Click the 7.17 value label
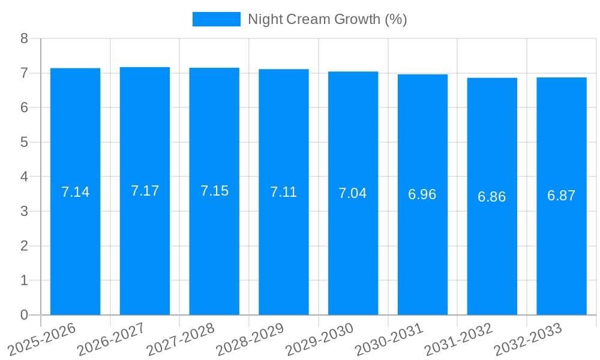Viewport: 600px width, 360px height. click(145, 191)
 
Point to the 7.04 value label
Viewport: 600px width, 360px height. click(353, 193)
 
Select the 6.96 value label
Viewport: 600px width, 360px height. click(422, 194)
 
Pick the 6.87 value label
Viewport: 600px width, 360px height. click(562, 196)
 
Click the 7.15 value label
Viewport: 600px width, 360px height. click(214, 191)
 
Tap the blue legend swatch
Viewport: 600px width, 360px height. click(216, 19)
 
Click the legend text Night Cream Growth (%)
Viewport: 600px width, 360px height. click(328, 19)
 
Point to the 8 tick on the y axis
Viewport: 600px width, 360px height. click(24, 38)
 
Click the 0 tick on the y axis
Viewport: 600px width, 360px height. click(24, 315)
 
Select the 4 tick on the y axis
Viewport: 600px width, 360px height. click(24, 177)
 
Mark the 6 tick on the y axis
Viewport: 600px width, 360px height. click(24, 108)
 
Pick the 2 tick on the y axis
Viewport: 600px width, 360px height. click(24, 246)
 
